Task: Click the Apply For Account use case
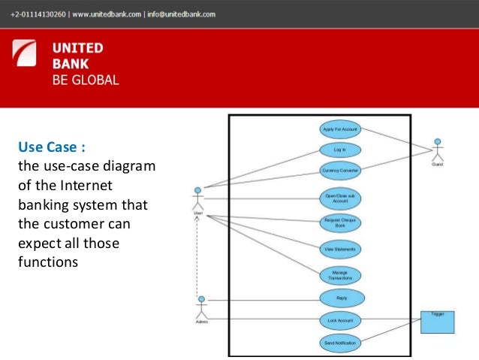point(340,129)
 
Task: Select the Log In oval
point(340,150)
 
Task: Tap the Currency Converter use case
point(340,171)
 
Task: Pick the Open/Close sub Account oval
point(340,198)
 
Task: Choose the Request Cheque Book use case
point(340,222)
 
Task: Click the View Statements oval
point(340,248)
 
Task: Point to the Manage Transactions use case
point(340,275)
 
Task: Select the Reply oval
point(342,298)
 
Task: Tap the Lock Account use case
point(341,321)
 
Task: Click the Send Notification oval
point(341,343)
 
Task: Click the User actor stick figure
point(198,198)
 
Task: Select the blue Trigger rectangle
point(437,321)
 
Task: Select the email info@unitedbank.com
point(180,14)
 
